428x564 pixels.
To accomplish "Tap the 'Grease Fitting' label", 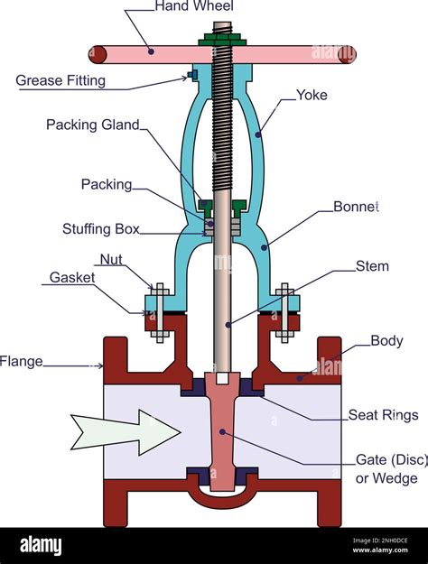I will pos(60,80).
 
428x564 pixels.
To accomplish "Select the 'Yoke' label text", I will pos(312,94).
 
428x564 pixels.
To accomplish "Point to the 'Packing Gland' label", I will pos(93,125).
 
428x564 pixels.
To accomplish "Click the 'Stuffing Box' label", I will pos(101,229).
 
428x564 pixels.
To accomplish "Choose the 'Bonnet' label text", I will pos(356,207).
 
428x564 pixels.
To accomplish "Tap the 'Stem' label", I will pos(372,266).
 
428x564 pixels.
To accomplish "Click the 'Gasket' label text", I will pos(72,278).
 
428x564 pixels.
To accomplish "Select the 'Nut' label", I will pos(111,260).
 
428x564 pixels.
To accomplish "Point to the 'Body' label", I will pos(387,341).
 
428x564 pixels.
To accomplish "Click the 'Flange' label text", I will pos(21,362).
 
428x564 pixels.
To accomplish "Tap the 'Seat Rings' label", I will pos(383,415).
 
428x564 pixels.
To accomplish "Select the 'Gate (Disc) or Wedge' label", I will pos(389,468).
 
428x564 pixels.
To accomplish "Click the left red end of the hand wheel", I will pos(98,55).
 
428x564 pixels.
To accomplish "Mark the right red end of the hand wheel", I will pos(347,55).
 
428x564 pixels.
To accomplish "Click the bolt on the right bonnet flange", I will pos(284,312).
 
